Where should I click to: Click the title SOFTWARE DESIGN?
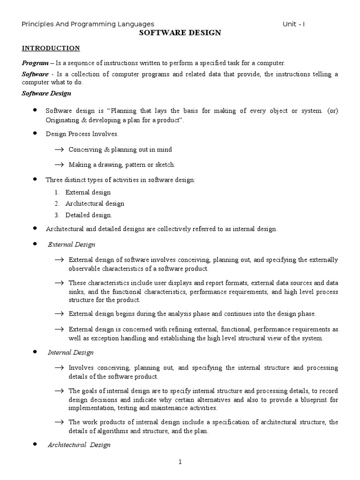[180, 33]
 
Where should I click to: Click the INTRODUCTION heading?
[51, 48]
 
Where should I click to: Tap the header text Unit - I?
[293, 24]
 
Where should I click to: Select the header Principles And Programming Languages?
[88, 24]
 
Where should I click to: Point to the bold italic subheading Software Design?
[46, 93]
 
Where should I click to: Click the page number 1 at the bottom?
[180, 462]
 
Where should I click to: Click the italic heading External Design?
[72, 244]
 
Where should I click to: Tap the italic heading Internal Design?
[71, 352]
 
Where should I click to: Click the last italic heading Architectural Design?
[79, 445]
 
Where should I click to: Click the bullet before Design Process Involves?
[34, 134]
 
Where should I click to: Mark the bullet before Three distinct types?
[34, 180]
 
